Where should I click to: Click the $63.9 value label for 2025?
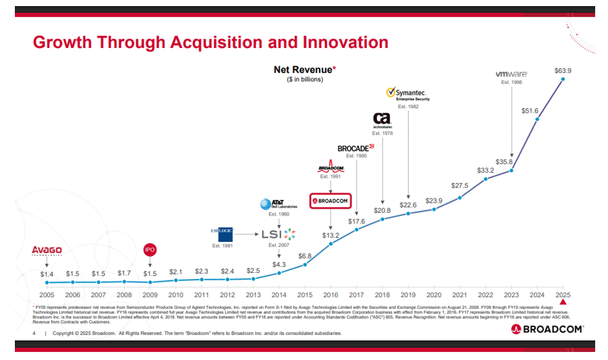pyautogui.click(x=563, y=71)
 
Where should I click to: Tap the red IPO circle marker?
pyautogui.click(x=150, y=250)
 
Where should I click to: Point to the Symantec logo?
pyautogui.click(x=407, y=94)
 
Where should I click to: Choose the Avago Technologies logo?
pyautogui.click(x=47, y=252)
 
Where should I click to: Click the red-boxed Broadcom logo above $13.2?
pyautogui.click(x=330, y=201)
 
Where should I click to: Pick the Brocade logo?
pyautogui.click(x=355, y=147)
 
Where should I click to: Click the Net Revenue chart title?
pyautogui.click(x=305, y=70)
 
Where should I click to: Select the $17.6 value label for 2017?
pyautogui.click(x=356, y=221)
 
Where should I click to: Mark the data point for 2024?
pyautogui.click(x=537, y=120)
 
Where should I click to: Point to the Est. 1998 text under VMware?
pyautogui.click(x=511, y=82)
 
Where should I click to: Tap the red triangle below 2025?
pyautogui.click(x=563, y=305)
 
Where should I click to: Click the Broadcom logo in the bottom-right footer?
pyautogui.click(x=547, y=329)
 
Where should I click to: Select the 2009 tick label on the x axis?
pyautogui.click(x=150, y=294)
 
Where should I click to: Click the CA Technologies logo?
pyautogui.click(x=382, y=121)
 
